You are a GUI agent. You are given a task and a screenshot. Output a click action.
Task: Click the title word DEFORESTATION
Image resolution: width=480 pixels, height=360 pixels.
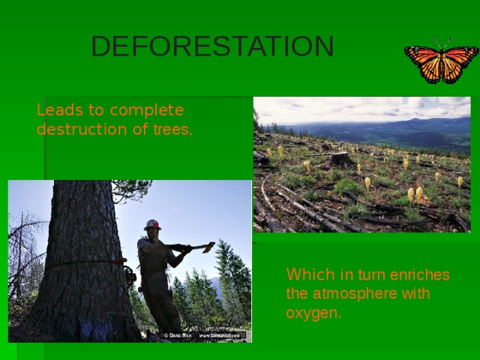(212, 46)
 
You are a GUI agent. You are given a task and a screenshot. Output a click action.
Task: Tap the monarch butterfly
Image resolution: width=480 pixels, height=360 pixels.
(441, 61)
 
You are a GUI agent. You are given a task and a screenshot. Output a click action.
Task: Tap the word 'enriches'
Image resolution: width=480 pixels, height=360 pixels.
(420, 274)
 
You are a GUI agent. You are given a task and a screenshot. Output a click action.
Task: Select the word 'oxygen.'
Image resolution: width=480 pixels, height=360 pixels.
(313, 313)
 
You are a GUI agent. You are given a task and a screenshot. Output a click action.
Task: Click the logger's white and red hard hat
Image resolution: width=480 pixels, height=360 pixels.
(152, 224)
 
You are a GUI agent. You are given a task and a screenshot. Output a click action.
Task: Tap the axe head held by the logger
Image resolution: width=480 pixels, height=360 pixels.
(207, 247)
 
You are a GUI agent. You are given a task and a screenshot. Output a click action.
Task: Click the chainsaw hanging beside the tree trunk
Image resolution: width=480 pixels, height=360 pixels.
(128, 274)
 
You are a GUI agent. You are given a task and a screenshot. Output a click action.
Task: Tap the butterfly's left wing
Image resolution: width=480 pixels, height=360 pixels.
(422, 63)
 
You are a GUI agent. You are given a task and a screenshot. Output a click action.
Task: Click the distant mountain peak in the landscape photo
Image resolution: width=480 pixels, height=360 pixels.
(450, 120)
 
